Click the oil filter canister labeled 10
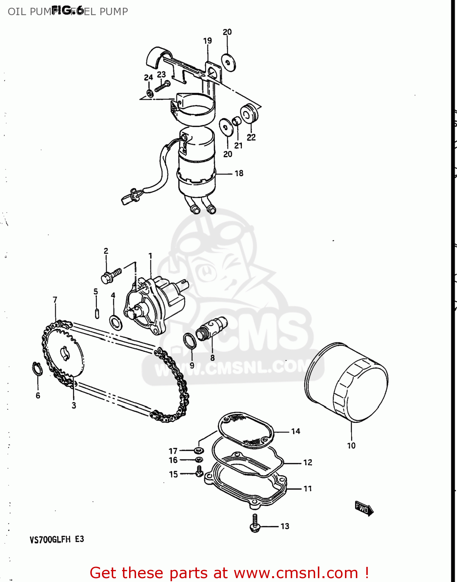pos(347,383)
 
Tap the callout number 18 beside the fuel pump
pos(239,173)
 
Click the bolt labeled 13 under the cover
pos(255,523)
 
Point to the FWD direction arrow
pos(364,508)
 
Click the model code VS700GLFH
pos(50,539)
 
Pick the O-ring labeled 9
pos(189,340)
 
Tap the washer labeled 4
pos(116,322)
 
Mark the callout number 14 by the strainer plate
pos(296,431)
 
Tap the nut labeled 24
pos(149,93)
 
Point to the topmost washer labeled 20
pos(228,62)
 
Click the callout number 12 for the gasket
pos(307,462)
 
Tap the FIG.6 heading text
pos(67,10)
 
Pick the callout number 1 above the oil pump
pos(150,256)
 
